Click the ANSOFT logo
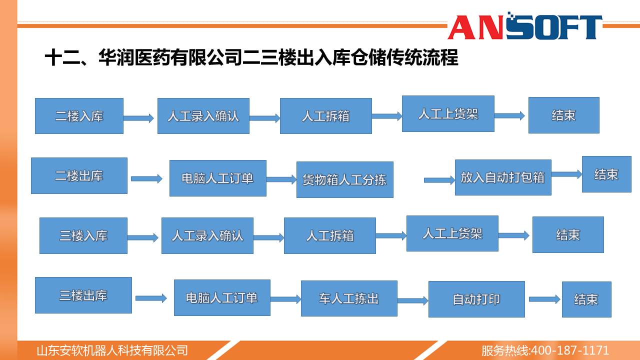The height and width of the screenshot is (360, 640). coord(525,26)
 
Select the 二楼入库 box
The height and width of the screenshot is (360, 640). coord(79,116)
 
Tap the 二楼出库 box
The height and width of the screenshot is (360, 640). coord(79,175)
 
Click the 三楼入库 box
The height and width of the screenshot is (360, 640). coord(83,235)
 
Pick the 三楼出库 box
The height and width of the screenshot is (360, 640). coord(83,295)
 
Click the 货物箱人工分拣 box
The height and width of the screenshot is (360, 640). coord(345,179)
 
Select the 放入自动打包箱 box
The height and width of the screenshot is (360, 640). coord(503,177)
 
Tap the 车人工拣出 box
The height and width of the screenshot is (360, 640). coord(349,298)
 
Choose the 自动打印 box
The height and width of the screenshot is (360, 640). coord(476,299)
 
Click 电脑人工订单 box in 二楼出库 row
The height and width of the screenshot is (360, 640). coord(218,178)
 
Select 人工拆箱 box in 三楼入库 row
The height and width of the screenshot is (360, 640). coord(330,235)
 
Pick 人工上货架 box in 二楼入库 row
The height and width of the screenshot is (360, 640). coord(448,113)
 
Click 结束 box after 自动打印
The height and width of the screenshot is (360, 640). coord(586,299)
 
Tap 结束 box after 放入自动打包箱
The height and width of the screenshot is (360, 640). coord(606,174)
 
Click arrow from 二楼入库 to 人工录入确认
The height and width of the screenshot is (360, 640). coord(139,118)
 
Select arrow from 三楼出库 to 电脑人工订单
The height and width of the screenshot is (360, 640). coord(151,298)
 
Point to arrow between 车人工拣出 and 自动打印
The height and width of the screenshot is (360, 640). coord(413,300)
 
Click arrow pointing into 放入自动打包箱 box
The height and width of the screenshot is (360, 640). coord(439,180)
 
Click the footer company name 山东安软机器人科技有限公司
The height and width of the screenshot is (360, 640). coord(112,350)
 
